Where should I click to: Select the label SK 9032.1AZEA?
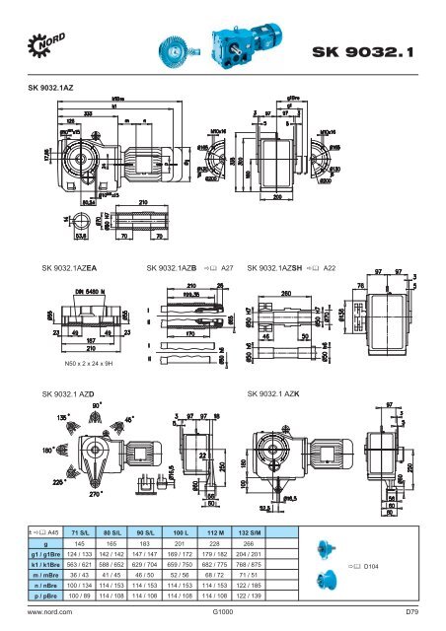coord(65,267)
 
